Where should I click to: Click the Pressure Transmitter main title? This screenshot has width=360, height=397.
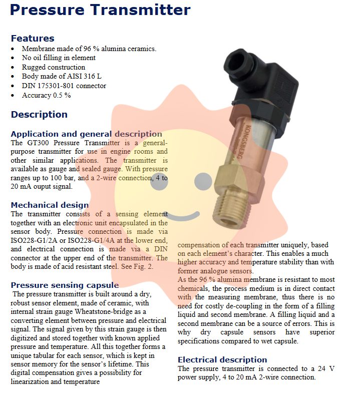(x=100, y=10)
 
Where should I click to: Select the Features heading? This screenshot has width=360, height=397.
(x=33, y=39)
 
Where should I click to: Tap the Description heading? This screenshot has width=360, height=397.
(x=39, y=115)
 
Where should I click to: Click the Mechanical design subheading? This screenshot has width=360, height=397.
(x=50, y=205)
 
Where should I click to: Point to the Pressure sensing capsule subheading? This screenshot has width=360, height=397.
(x=65, y=285)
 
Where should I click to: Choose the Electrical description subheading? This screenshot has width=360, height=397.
(x=222, y=359)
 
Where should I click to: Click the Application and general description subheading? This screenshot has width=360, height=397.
(x=86, y=134)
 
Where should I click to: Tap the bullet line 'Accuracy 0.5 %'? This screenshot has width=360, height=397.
(x=46, y=95)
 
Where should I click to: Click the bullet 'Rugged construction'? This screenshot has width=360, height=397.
(x=53, y=67)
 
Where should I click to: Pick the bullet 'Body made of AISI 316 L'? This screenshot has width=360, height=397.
(x=61, y=76)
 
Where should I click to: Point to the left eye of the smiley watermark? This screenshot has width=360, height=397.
(x=159, y=181)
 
